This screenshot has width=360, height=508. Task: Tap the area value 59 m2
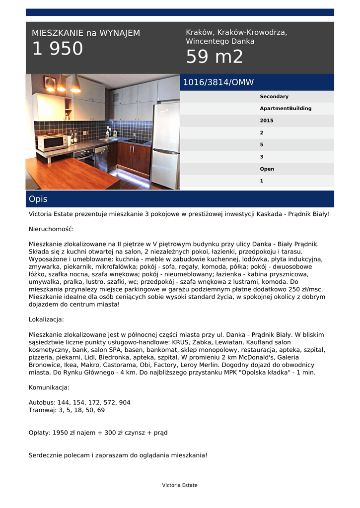tap(215, 57)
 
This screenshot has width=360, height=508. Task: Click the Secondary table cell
tap(274, 97)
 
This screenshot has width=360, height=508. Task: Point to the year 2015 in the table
tap(267, 121)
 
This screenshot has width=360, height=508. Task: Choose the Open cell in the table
tap(267, 169)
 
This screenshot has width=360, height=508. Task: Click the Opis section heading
tap(38, 199)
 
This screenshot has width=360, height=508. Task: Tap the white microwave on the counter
tap(52, 143)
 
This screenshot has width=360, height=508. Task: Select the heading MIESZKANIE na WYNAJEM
tap(86, 33)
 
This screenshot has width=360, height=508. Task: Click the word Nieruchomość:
tap(51, 229)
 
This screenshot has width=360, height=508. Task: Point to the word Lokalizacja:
tap(46, 319)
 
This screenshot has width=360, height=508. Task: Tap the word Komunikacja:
tap(49, 387)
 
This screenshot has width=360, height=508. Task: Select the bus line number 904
tap(125, 402)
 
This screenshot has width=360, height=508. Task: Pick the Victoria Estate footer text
tap(180, 485)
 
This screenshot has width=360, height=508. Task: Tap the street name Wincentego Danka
tap(220, 42)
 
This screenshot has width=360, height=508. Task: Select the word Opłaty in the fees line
tap(39, 433)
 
